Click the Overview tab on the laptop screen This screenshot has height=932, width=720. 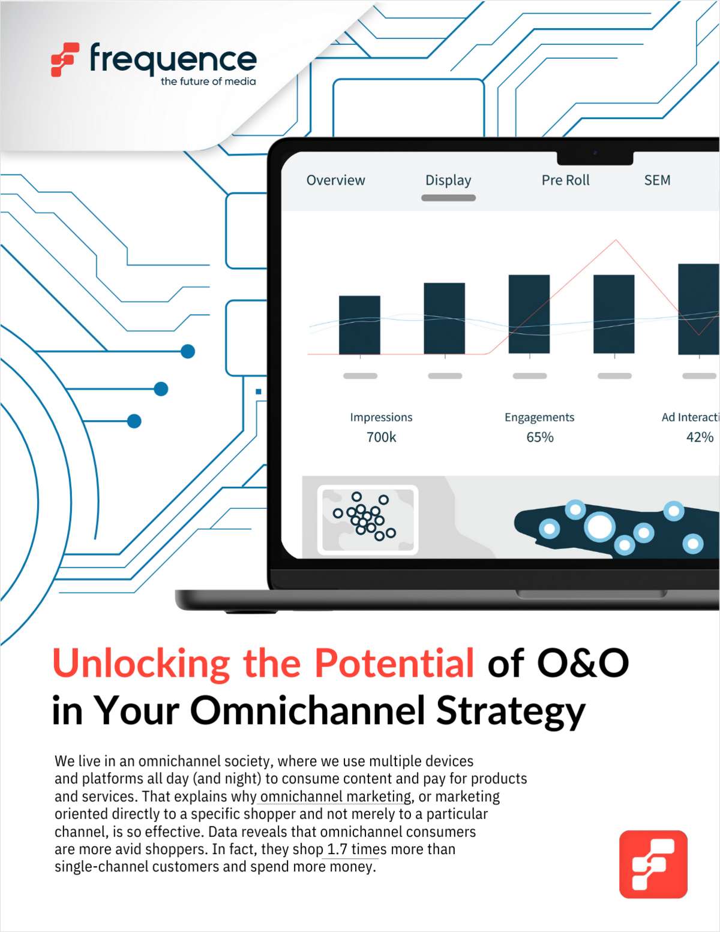coord(335,180)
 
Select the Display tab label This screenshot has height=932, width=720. coord(448,180)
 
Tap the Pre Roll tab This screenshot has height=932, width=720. coord(565,180)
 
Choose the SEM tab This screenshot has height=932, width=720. coord(657,180)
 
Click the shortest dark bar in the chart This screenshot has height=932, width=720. coord(359,325)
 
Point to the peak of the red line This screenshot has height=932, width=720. coord(616,240)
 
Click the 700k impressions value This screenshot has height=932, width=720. coord(381,437)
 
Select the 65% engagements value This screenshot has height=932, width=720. coord(539,437)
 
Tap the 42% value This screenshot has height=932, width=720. coord(700,437)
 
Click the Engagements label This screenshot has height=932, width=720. coord(539,417)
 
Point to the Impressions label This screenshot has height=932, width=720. coord(381,417)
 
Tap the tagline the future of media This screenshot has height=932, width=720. coord(208,82)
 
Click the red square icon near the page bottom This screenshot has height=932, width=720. coord(653,864)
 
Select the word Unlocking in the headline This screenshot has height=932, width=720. coord(141,664)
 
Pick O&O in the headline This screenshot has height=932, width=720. coord(583,663)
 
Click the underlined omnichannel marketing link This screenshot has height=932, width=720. coord(336,797)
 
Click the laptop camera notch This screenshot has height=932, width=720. coord(595,158)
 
